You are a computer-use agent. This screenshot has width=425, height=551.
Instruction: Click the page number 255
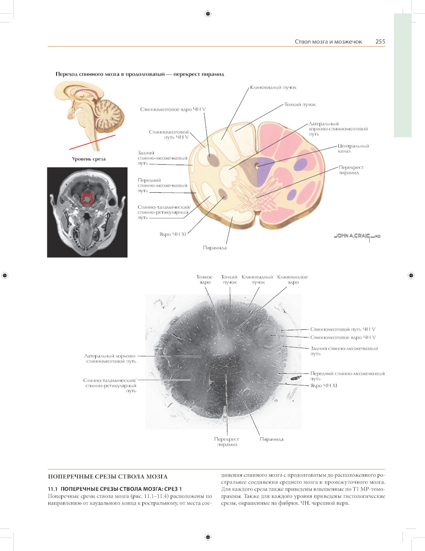(x=380, y=42)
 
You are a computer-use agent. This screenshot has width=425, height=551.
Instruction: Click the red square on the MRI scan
(x=87, y=199)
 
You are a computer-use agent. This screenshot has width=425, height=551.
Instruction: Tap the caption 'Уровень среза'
(x=88, y=159)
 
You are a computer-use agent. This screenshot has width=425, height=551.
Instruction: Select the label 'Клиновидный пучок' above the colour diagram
(x=273, y=87)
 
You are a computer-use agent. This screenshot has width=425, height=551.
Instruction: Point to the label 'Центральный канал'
(x=353, y=149)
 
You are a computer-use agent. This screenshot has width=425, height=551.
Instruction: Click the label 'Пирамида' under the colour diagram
(x=215, y=248)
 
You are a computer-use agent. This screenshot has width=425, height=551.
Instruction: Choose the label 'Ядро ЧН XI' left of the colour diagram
(x=173, y=234)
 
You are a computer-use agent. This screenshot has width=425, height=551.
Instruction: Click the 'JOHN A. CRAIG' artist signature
(x=357, y=236)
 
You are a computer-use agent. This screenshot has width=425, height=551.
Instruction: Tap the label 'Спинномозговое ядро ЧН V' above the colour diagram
(x=173, y=110)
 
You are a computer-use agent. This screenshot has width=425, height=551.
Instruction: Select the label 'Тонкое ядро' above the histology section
(x=204, y=280)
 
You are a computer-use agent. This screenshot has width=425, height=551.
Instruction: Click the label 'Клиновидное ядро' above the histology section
(x=292, y=280)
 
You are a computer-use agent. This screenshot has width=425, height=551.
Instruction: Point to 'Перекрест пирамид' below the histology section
(x=227, y=442)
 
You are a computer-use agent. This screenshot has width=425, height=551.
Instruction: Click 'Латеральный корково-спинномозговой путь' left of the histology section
(x=110, y=359)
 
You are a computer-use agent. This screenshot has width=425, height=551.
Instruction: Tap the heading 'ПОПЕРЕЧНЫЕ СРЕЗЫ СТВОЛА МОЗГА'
(x=108, y=477)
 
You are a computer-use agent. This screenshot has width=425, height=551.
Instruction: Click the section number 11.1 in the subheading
(x=53, y=489)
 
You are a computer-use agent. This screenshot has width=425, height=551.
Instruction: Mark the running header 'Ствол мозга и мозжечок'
(x=328, y=42)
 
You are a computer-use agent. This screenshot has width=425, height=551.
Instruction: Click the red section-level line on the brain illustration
(x=92, y=142)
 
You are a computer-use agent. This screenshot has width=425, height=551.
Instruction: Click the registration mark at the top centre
(x=208, y=14)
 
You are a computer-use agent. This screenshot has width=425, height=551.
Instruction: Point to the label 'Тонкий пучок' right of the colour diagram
(x=300, y=104)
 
